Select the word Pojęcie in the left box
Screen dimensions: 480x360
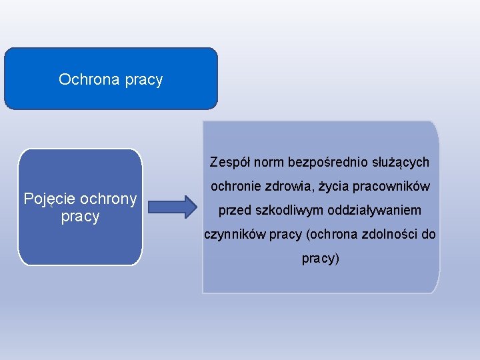pyautogui.click(x=49, y=199)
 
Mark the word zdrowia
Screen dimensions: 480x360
pyautogui.click(x=294, y=186)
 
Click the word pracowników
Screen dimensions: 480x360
pyautogui.click(x=397, y=187)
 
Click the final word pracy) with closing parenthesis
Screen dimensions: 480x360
pyautogui.click(x=321, y=259)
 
